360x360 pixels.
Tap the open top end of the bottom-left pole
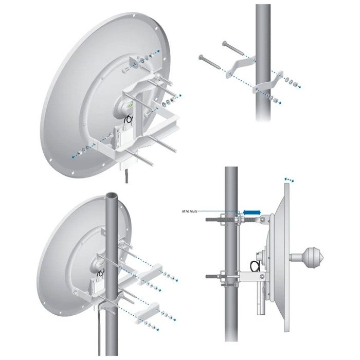pos(112,196)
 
